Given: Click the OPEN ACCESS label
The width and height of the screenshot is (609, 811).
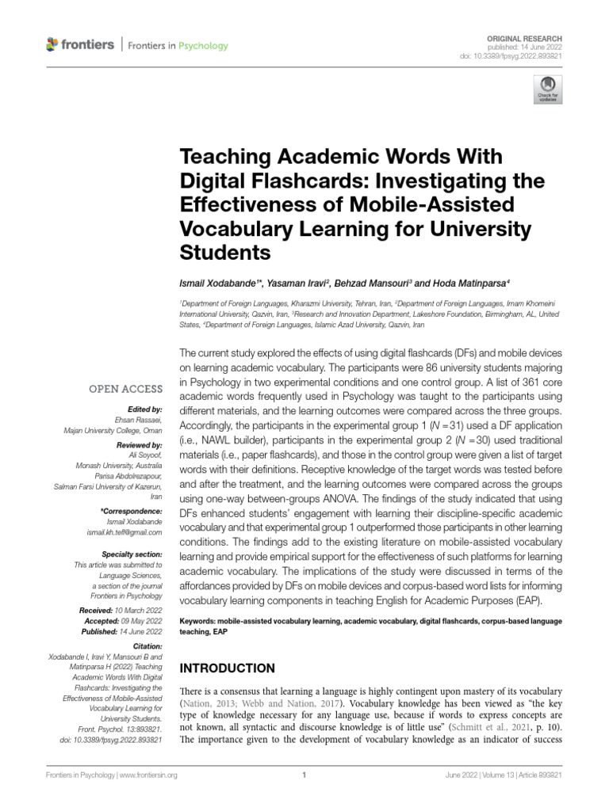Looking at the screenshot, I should click(x=129, y=390).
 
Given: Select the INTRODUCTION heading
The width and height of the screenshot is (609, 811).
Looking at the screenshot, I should click(x=229, y=668).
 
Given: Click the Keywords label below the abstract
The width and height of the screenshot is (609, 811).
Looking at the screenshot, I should click(x=201, y=621).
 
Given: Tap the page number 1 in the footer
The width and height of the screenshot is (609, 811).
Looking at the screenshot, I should click(x=304, y=776).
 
